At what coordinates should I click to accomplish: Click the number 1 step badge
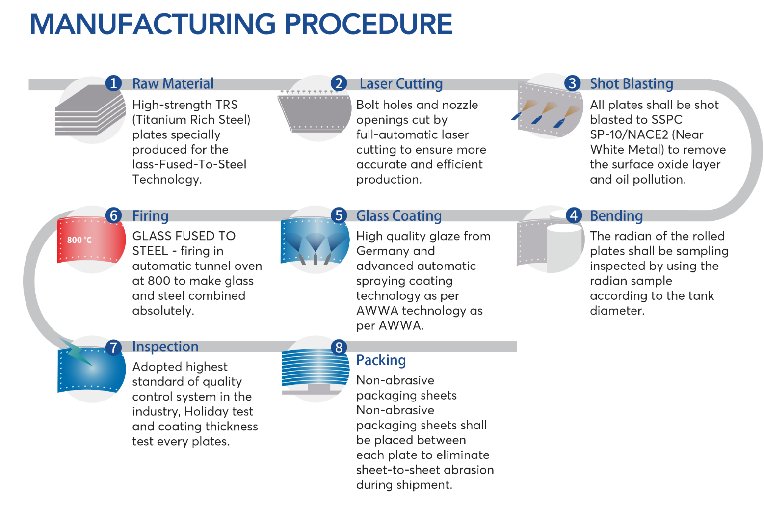coord(113,83)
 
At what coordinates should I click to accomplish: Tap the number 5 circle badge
coord(339,215)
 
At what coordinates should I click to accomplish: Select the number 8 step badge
coord(339,347)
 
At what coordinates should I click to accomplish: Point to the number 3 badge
coord(572,83)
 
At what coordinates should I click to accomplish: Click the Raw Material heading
coord(173,84)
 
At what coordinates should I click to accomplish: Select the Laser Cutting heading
coord(401,84)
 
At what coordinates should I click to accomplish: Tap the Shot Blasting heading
coord(631,84)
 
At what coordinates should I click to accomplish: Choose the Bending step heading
coord(616,216)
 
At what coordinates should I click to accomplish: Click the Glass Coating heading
coord(398,216)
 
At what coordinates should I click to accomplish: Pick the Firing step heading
coord(150,216)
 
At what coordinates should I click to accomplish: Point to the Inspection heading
coord(165,347)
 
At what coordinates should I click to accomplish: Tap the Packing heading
coord(381,360)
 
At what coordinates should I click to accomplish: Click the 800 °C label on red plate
coord(79,240)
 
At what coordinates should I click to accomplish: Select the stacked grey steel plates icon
coord(90,111)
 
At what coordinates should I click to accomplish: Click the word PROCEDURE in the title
coord(368,24)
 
